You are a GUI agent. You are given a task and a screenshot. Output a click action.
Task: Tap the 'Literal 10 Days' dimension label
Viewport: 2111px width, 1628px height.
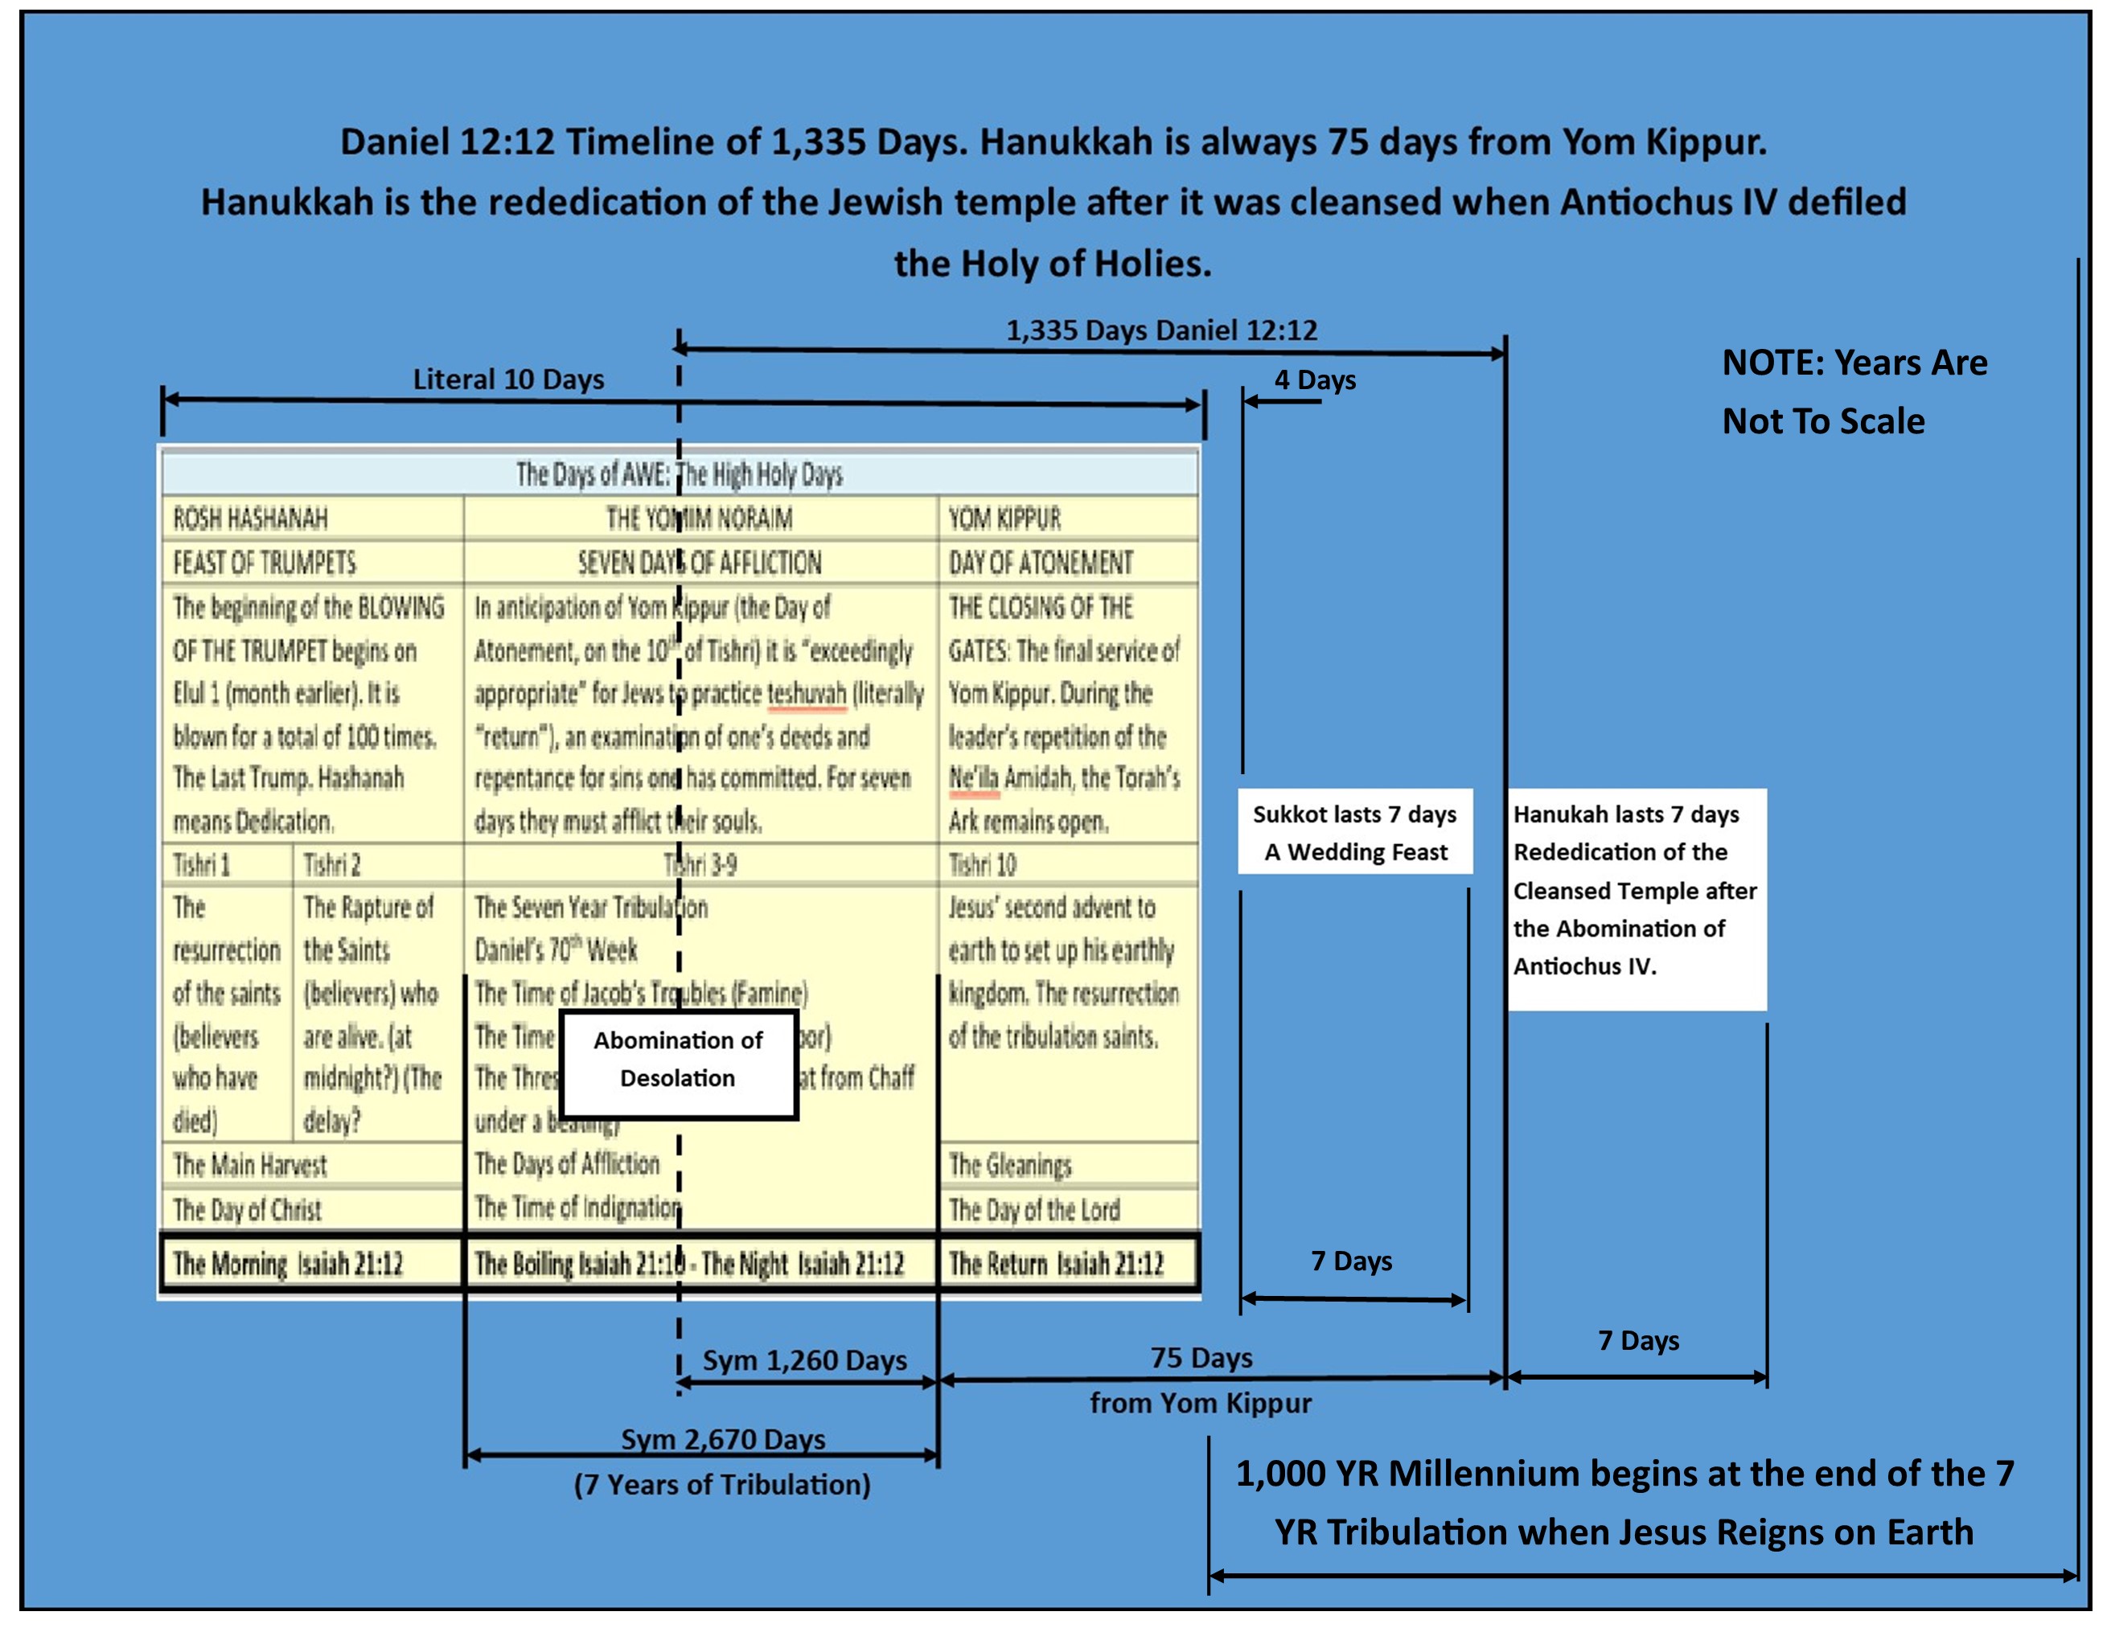tap(508, 379)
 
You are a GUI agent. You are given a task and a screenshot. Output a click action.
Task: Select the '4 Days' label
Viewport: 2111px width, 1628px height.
tap(1315, 379)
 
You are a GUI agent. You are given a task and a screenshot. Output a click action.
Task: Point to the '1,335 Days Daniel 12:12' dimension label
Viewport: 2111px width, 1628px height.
tap(1161, 330)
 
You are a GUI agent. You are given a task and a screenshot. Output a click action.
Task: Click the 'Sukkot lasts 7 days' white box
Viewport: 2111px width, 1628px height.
tap(1354, 832)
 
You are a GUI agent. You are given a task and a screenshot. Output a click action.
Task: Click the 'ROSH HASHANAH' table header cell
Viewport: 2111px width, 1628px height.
tap(311, 519)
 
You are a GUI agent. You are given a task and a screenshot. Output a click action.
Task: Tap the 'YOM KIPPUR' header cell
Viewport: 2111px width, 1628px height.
tap(1067, 519)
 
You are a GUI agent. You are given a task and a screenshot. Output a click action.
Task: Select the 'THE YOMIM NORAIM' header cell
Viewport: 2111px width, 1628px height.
tap(700, 519)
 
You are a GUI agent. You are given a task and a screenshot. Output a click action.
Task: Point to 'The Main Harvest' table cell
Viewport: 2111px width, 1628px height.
tap(311, 1165)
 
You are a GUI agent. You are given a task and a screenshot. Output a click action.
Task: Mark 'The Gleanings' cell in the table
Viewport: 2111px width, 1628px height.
tap(1067, 1165)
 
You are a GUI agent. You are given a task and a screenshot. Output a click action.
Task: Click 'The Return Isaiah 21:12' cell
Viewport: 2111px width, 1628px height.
tap(1067, 1264)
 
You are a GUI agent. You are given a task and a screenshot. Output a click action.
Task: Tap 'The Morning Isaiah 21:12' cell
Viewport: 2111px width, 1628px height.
tap(311, 1264)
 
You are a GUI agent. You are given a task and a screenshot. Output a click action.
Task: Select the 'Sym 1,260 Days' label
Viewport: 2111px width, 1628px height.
tap(804, 1360)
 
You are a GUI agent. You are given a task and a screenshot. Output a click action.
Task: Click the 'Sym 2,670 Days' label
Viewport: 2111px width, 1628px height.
tap(723, 1440)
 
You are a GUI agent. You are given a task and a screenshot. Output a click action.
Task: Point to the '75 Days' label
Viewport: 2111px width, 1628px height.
tap(1201, 1358)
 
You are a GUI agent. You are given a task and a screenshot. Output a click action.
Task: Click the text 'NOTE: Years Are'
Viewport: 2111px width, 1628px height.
tap(1854, 363)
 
